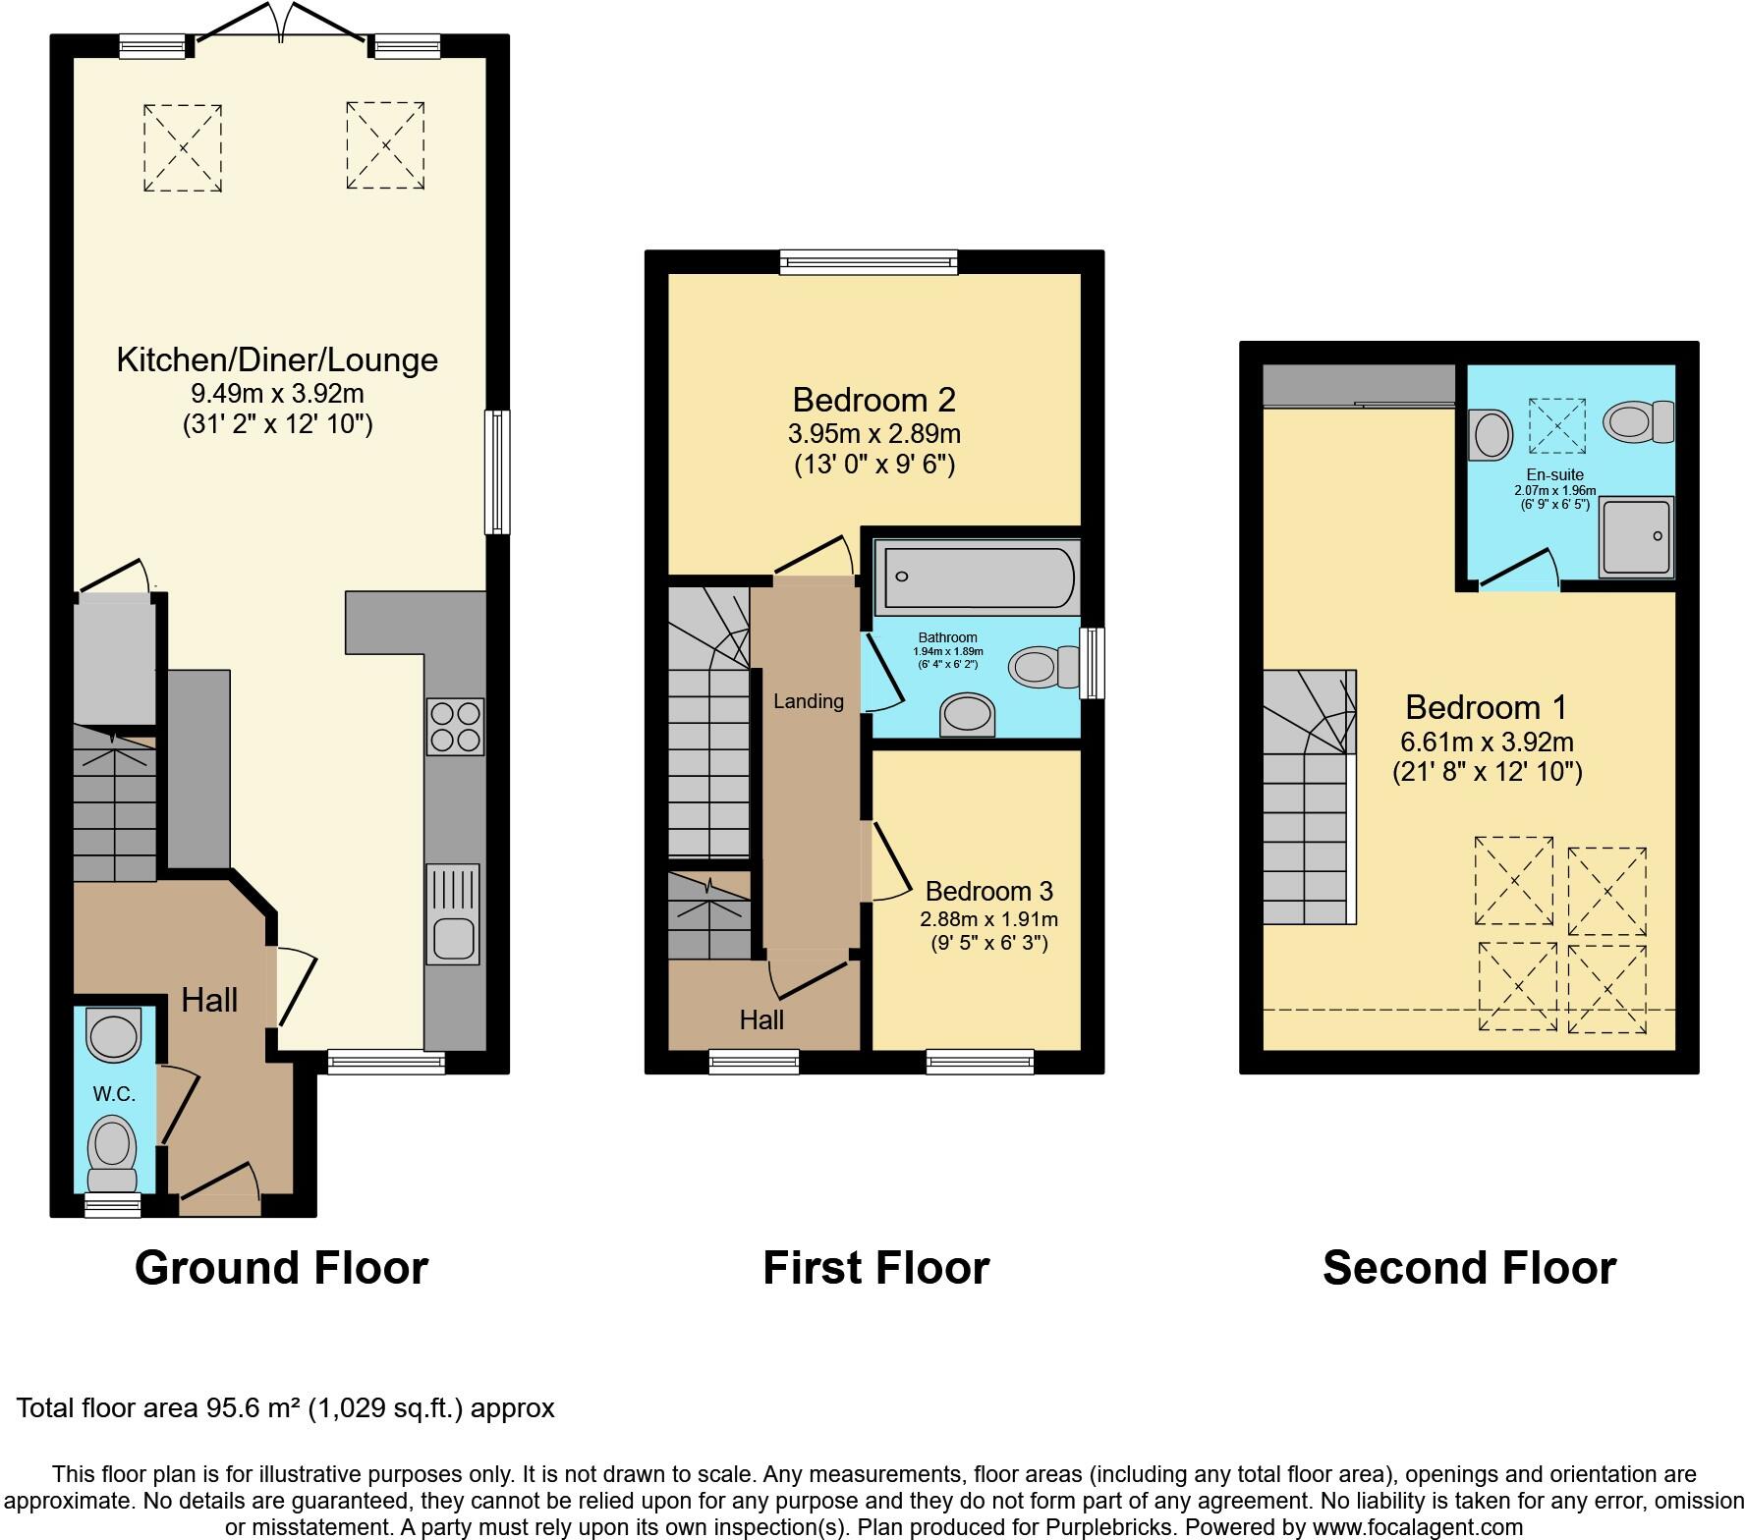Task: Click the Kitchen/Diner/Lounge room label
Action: click(x=277, y=359)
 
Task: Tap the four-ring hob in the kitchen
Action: click(x=455, y=726)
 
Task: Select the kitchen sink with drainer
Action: click(x=452, y=913)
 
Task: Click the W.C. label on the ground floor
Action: click(x=114, y=1094)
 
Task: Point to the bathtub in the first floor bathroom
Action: click(x=977, y=577)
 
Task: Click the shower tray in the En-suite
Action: click(x=1635, y=536)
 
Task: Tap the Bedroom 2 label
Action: click(x=873, y=400)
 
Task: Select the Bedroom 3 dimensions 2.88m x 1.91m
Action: click(x=988, y=919)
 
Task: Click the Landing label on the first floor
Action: click(x=808, y=701)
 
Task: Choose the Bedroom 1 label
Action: click(x=1486, y=707)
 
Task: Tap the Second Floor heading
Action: click(x=1469, y=1267)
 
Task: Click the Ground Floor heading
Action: click(x=281, y=1267)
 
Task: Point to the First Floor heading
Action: click(x=875, y=1267)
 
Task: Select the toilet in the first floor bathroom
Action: click(x=1041, y=668)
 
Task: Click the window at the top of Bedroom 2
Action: click(x=869, y=261)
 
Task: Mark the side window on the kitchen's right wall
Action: click(x=498, y=472)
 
